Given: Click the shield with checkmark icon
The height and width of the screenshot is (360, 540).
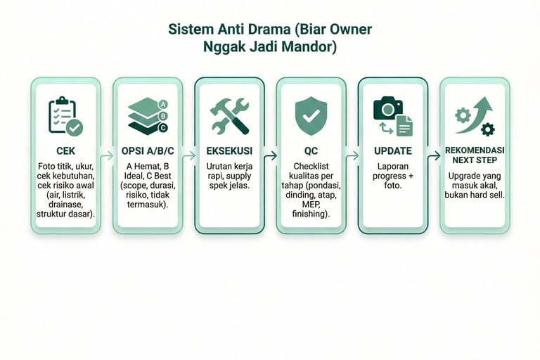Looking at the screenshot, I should click(x=310, y=114).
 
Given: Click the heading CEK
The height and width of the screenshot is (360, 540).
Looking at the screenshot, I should click(x=65, y=151).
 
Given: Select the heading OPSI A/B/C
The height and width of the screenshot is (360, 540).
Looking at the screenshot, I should click(x=147, y=151).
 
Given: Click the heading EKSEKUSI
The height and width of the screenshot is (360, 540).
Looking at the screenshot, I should click(x=229, y=151).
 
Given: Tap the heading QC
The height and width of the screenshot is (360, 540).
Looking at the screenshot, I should click(x=310, y=151).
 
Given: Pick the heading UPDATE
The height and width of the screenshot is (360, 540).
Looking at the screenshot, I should click(x=393, y=151).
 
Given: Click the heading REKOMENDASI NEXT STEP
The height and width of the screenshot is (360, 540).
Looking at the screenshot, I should click(x=475, y=155).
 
